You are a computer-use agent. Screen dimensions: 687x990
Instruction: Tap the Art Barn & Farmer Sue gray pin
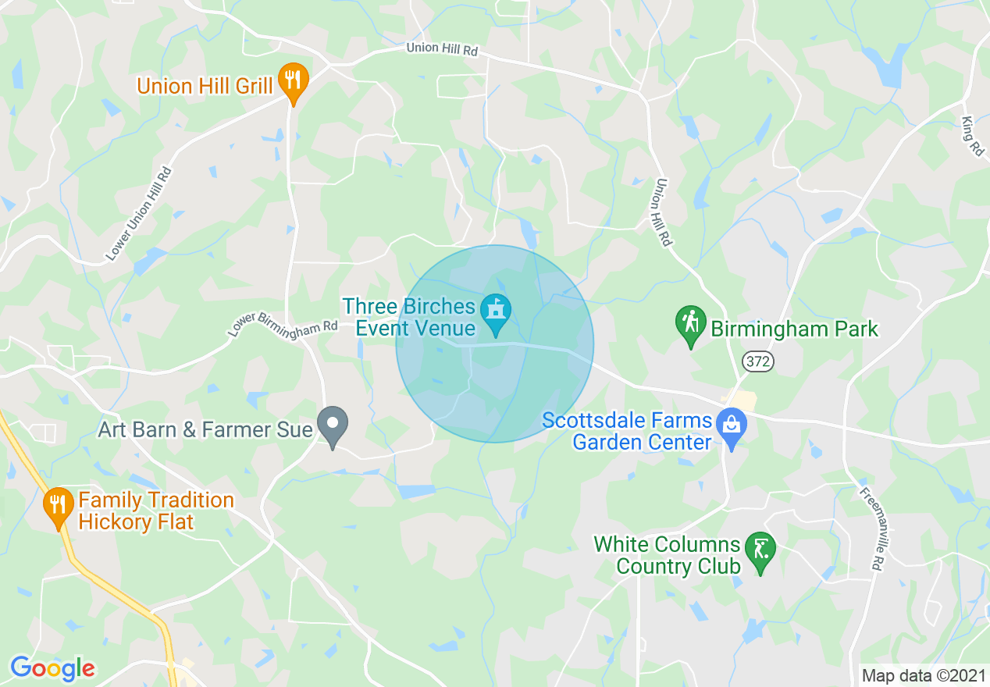pyautogui.click(x=333, y=426)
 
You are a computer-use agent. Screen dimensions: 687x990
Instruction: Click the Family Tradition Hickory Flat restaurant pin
pyautogui.click(x=59, y=507)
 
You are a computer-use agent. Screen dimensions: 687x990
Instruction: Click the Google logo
pyautogui.click(x=52, y=668)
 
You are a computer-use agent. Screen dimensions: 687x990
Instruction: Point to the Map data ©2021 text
pyautogui.click(x=922, y=675)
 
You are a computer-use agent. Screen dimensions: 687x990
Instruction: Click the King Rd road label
pyautogui.click(x=973, y=136)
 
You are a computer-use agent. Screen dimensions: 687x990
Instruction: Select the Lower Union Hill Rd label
pyautogui.click(x=138, y=214)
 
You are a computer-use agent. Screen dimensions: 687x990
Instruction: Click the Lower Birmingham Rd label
pyautogui.click(x=283, y=329)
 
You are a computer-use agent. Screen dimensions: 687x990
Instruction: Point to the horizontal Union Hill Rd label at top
pyautogui.click(x=441, y=48)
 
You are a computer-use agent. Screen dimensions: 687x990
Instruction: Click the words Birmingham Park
pyautogui.click(x=794, y=329)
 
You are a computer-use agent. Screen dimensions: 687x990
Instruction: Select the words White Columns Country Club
pyautogui.click(x=667, y=555)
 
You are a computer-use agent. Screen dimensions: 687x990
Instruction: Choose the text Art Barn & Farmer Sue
pyautogui.click(x=205, y=429)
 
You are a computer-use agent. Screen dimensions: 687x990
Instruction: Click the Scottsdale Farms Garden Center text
pyautogui.click(x=628, y=431)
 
